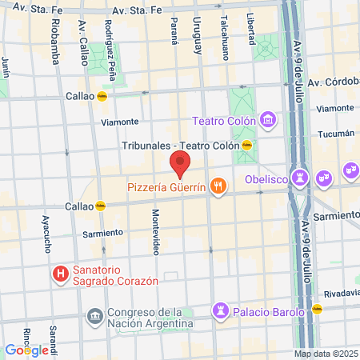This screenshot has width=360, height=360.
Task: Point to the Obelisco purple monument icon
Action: [302, 176]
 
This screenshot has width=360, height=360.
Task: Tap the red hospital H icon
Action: [60, 274]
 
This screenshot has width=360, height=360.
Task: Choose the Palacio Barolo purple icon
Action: [220, 310]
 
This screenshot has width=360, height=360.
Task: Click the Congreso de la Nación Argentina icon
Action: [95, 317]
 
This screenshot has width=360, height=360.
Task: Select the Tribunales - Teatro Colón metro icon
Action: [247, 146]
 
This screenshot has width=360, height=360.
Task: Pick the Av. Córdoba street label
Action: [332, 82]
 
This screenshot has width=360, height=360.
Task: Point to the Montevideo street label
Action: [155, 232]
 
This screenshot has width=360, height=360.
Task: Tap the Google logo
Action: [26, 350]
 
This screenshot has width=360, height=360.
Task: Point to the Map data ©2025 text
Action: [325, 354]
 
